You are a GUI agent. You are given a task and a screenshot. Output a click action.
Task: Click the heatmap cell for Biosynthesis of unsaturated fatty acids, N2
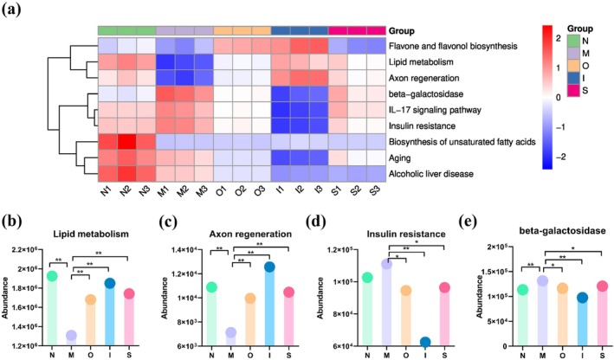click(x=127, y=142)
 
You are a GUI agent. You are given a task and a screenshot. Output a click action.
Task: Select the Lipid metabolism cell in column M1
click(x=165, y=61)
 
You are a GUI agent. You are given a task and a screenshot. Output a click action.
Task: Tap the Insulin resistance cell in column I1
click(x=281, y=125)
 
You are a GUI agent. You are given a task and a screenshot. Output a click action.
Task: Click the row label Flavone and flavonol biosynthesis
click(x=453, y=46)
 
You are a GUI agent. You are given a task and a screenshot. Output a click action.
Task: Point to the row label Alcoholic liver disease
click(x=430, y=174)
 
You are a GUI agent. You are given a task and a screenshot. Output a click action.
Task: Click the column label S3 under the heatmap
click(x=374, y=190)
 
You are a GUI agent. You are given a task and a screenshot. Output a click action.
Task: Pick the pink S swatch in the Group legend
click(x=573, y=91)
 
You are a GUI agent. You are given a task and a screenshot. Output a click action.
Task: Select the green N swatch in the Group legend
click(x=573, y=41)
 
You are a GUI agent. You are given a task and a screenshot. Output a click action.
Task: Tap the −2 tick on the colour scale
click(x=561, y=157)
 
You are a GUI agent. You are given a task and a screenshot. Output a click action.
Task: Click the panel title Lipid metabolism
click(x=91, y=234)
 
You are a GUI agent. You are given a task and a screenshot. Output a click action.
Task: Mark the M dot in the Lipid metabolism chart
click(x=71, y=336)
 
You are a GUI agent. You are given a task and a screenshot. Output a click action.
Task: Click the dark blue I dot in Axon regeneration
click(x=269, y=267)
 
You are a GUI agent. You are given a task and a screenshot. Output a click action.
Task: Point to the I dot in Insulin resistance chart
click(x=425, y=342)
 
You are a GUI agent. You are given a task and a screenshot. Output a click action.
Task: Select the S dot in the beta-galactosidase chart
click(x=602, y=286)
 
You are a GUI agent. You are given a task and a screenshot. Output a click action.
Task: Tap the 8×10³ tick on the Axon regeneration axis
click(x=191, y=322)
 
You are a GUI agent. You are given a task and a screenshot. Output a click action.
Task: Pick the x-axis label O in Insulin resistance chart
click(x=405, y=356)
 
